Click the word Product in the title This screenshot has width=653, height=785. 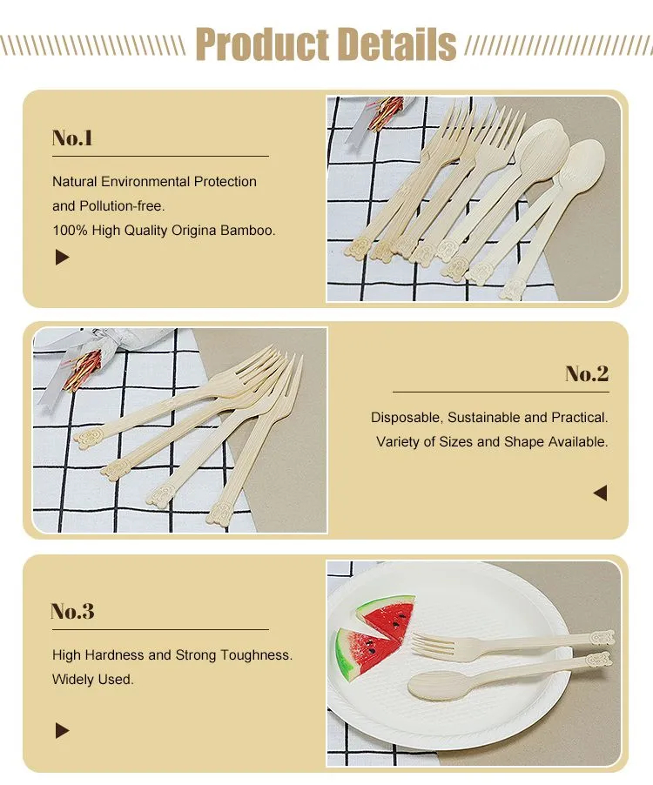click(261, 44)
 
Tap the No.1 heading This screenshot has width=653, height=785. click(72, 138)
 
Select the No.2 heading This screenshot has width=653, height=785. click(587, 374)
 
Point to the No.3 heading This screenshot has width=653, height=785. click(72, 611)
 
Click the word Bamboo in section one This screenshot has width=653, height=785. click(250, 231)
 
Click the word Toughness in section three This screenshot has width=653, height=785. click(253, 654)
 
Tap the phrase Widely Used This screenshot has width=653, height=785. click(93, 679)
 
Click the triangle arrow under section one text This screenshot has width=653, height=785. click(62, 258)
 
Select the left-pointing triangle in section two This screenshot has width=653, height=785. click(599, 493)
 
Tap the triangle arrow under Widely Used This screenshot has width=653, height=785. click(62, 731)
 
